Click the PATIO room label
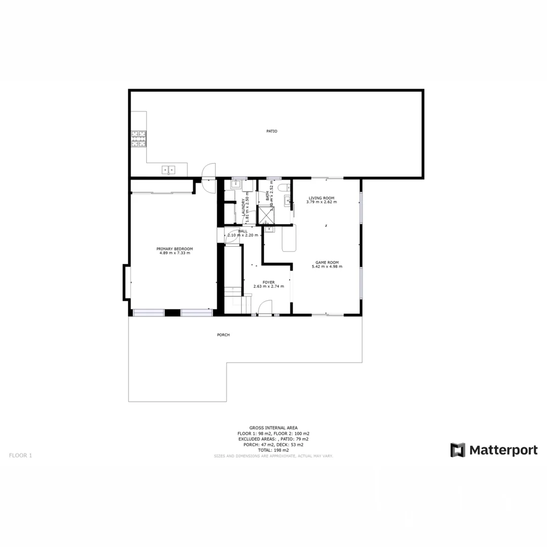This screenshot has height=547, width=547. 272,131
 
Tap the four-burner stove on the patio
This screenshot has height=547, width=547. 139,139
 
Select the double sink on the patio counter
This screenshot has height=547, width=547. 169,170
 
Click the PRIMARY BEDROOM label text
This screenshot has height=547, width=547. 175,249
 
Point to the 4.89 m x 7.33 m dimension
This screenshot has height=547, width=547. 175,253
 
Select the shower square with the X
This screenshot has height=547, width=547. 265,215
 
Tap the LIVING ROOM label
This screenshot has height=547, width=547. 322,198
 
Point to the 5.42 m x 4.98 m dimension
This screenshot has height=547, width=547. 327,266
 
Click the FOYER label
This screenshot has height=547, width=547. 268,282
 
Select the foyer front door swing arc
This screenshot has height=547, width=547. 265,307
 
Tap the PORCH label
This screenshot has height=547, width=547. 223,335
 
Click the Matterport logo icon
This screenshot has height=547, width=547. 458,450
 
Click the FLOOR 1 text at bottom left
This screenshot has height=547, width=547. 20,455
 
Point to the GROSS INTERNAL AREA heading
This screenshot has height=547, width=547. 273,427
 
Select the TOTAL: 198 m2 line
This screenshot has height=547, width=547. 273,450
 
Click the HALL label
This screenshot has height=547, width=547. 243,231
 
